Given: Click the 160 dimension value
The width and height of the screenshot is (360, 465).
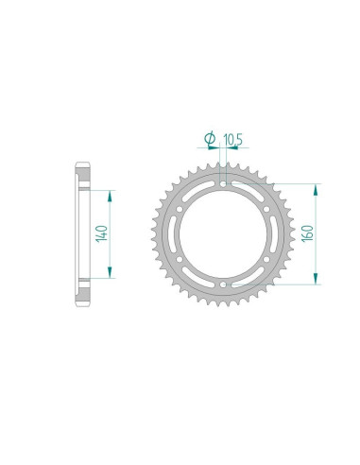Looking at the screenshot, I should tap(309, 232).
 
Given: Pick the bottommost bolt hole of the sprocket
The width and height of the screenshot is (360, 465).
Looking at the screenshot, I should tap(222, 284).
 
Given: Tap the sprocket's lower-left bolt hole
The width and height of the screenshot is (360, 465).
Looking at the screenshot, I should tap(179, 258).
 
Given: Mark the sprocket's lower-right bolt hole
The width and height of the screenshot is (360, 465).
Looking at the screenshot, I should tap(266, 258).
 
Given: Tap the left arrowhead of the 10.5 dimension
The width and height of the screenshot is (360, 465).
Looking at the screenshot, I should tap(214, 148).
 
